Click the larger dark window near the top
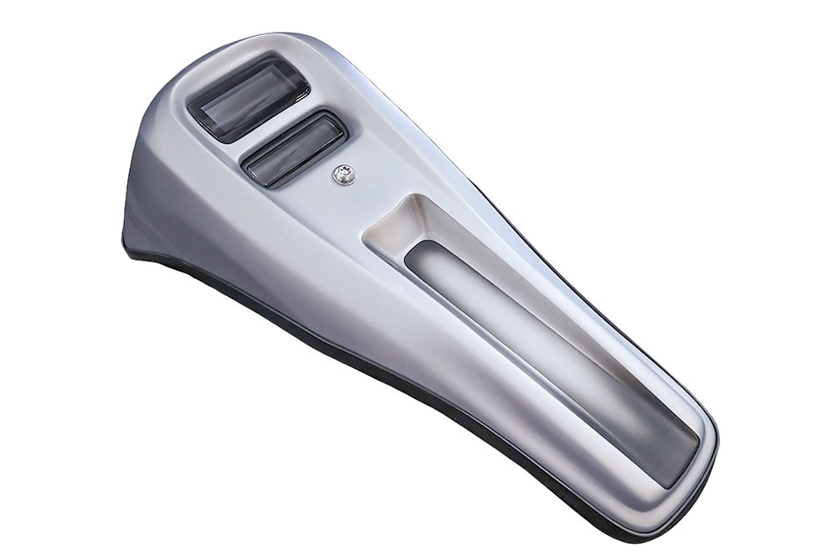[x=248, y=98]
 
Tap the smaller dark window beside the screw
[x=294, y=149]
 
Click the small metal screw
[x=343, y=175]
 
